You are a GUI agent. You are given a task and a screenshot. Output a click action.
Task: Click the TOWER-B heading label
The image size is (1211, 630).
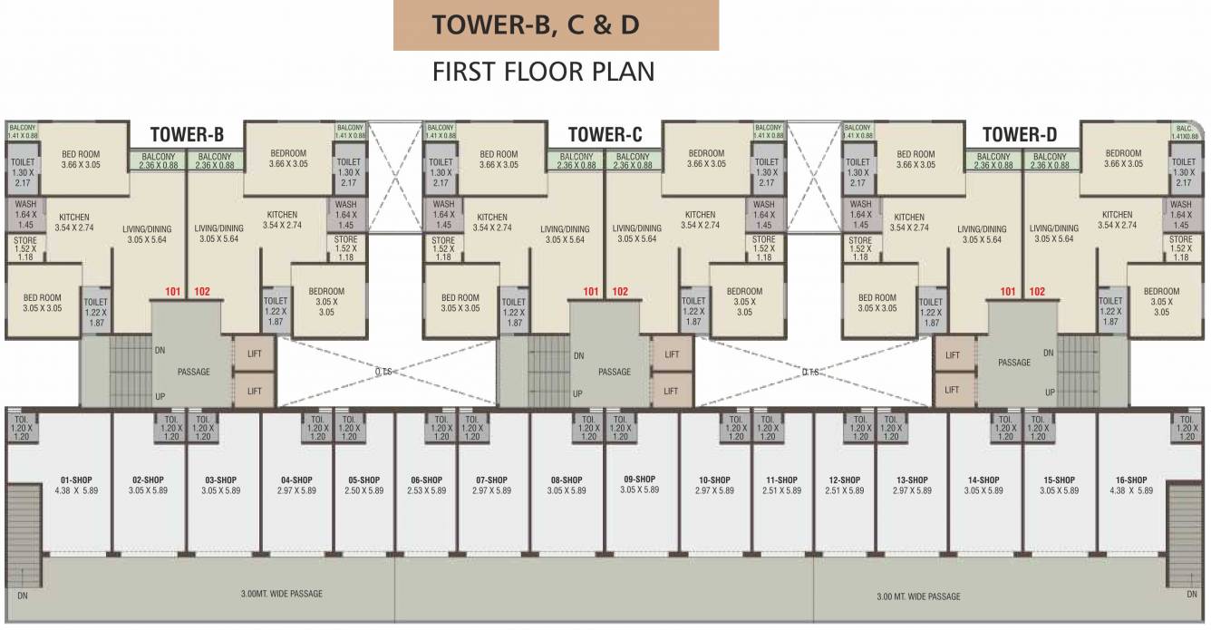click(x=186, y=136)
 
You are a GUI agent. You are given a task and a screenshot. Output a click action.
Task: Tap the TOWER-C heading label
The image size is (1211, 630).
click(x=605, y=136)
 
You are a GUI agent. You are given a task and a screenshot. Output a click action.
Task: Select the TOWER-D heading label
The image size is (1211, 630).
click(x=1020, y=136)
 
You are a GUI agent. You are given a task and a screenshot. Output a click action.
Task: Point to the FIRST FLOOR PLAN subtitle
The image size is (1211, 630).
click(x=544, y=72)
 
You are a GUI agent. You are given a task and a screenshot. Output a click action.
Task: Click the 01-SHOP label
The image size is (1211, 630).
click(x=75, y=480)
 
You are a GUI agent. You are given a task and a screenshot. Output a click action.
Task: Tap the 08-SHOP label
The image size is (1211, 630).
click(x=567, y=480)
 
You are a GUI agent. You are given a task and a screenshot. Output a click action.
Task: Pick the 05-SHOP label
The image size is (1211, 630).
click(x=364, y=480)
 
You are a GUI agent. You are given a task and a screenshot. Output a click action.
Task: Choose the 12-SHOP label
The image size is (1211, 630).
click(x=844, y=480)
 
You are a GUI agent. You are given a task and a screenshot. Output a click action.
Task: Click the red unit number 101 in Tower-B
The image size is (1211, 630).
click(x=174, y=292)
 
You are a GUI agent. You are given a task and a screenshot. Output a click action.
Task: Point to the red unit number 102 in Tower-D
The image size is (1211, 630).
click(x=1037, y=292)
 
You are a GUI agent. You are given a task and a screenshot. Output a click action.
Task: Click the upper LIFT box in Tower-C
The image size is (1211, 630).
click(x=671, y=354)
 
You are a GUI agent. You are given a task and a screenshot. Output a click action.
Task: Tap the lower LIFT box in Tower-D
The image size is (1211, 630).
click(x=952, y=390)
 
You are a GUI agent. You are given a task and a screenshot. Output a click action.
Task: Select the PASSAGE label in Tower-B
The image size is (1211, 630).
click(x=193, y=372)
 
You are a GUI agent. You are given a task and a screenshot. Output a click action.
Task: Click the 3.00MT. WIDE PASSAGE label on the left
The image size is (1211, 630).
click(x=282, y=594)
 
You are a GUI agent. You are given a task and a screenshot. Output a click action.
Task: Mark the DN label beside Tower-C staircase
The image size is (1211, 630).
click(x=578, y=355)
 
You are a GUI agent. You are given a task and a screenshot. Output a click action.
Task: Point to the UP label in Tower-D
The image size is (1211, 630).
click(x=1049, y=393)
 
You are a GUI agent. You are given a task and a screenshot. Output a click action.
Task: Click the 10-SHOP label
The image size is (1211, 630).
click(x=714, y=480)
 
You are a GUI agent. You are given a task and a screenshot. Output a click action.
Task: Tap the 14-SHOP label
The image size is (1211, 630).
click(x=983, y=480)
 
